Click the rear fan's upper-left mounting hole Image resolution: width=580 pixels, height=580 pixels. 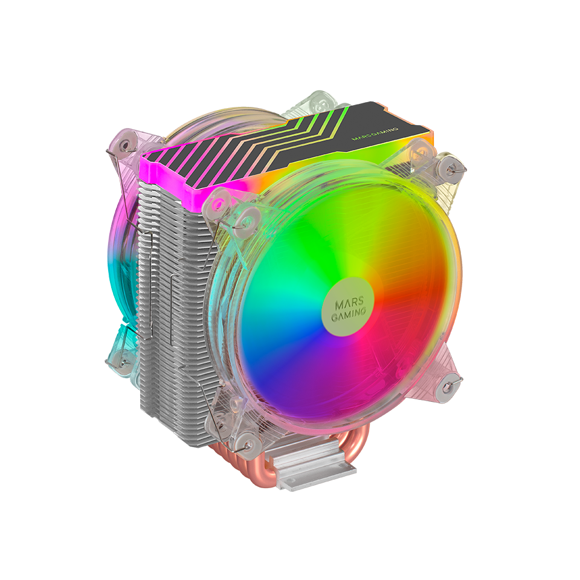tap(124, 146)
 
